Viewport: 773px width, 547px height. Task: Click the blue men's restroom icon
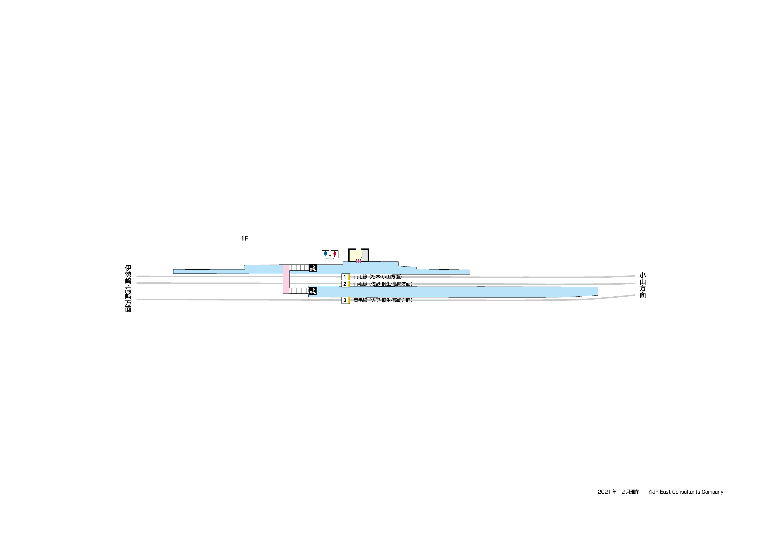(x=325, y=254)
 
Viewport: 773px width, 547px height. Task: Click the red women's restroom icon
(x=335, y=254)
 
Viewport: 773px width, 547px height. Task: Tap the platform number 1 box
(x=345, y=277)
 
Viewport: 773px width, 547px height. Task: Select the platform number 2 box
(x=345, y=284)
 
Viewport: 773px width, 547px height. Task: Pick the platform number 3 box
(x=345, y=300)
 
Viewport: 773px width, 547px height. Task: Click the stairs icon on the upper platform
(x=313, y=268)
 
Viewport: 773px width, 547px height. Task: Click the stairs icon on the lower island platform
(x=313, y=291)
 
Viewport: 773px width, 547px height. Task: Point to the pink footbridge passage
(x=286, y=279)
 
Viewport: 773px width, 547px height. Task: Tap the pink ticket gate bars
(x=358, y=261)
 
